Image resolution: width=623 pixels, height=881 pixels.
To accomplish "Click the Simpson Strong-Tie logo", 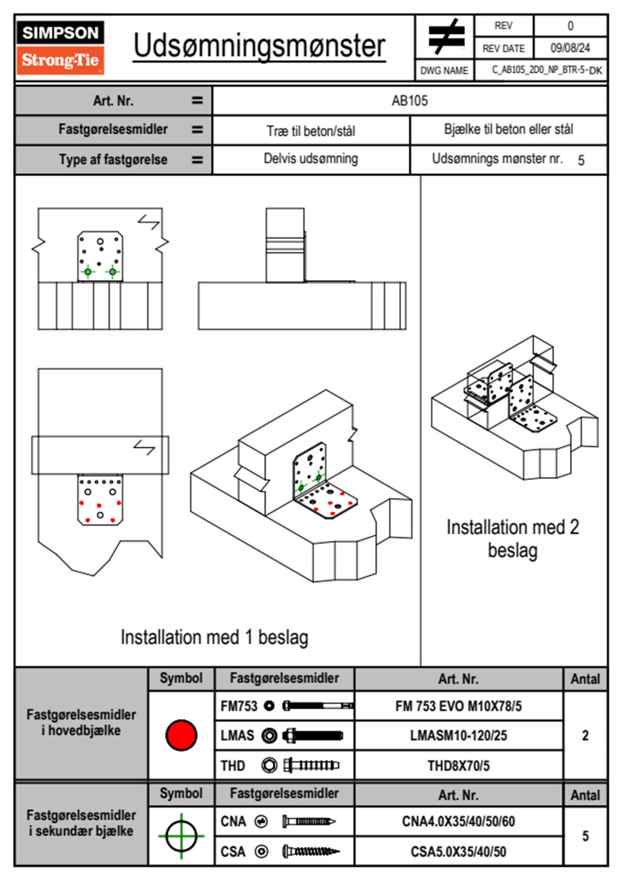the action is (60, 47).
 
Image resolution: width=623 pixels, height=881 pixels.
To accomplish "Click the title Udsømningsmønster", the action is (259, 46).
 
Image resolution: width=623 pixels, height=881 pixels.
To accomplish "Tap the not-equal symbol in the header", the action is (446, 36).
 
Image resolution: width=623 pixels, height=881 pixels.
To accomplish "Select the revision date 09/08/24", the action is (570, 48).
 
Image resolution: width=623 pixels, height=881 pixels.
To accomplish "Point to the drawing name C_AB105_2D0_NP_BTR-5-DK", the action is (547, 70).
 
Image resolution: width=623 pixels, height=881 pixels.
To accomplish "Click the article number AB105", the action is (409, 101).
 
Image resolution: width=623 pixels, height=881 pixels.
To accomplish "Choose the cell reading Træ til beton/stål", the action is (310, 130).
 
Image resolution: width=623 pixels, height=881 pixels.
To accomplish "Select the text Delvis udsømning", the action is (310, 159).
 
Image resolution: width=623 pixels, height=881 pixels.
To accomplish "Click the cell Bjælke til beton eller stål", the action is (508, 129).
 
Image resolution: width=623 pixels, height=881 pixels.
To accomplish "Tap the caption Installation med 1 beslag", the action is (214, 637).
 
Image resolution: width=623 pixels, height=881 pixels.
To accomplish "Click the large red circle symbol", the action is (181, 735).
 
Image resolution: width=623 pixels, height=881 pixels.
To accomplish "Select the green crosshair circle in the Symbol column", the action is (181, 836).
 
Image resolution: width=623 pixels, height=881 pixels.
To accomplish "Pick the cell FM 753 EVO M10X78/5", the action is (458, 707).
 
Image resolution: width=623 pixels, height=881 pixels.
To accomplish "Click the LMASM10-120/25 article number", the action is (458, 735).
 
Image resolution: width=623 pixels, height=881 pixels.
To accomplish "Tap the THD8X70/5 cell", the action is (458, 766).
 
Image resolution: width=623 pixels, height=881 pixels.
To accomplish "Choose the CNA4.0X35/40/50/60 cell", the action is (458, 821).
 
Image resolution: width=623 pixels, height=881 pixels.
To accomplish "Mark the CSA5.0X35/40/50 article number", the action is (458, 852).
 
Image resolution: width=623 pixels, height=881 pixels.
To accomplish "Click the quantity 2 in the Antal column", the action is (585, 735).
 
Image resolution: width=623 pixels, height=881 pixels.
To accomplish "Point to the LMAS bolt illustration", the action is (313, 735).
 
